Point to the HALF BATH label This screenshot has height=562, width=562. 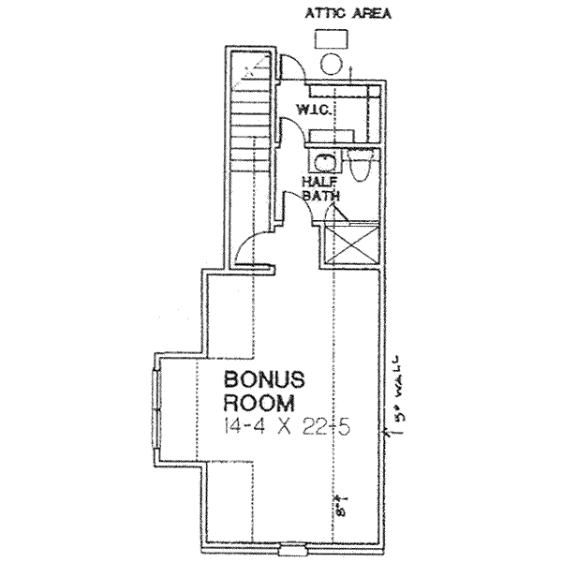pos(319,187)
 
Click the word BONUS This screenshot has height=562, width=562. pos(264,381)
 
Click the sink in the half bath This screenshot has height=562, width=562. pos(325,161)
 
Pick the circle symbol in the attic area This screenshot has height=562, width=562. pos(331,65)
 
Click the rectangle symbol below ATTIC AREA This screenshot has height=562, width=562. pos(333,37)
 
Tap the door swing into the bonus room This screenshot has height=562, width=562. pos(251,245)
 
